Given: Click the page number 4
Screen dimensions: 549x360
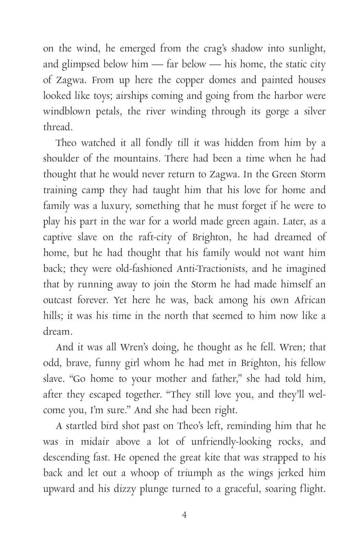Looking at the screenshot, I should (184, 515).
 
